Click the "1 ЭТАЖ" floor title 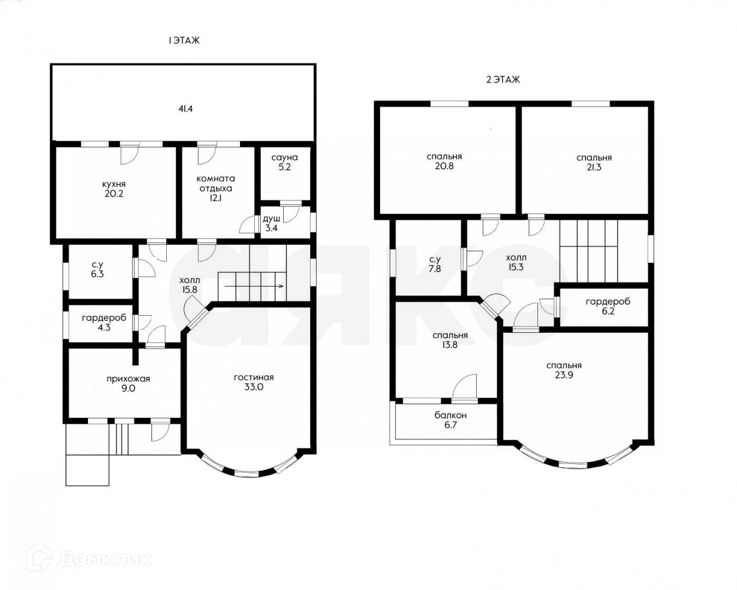pos(184,41)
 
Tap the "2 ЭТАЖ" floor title pos(503,80)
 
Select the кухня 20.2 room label pos(114,189)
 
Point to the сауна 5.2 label pos(285,162)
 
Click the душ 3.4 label pos(271,223)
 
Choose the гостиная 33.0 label pos(254,382)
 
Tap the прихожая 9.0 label pos(128,383)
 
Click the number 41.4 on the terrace pos(186,109)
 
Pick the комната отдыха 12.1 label pos(216,188)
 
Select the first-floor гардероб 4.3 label pos(104,323)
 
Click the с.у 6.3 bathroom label pos(97,269)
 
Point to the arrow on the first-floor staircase pos(254,286)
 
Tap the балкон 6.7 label pos(451,420)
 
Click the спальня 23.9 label pos(564,370)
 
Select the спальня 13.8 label pos(450,340)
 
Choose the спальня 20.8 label pos(444,161)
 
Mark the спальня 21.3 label pos(594,163)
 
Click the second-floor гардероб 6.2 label pos(608,306)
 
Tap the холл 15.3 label pos(516,262)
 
